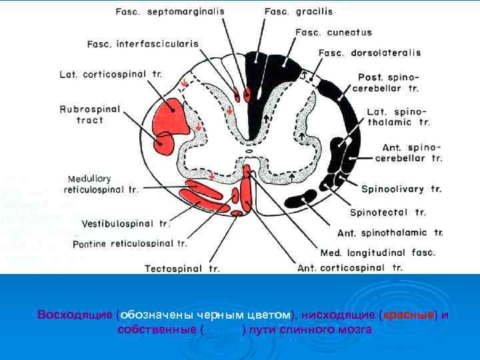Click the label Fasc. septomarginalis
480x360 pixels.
point(170,12)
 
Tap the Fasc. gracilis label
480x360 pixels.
point(298,12)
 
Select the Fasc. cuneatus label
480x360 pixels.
point(333,32)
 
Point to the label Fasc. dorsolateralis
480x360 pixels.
point(369,53)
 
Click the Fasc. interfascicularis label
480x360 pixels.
point(143,44)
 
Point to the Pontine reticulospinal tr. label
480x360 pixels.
point(129,244)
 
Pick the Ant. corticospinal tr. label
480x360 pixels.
point(350,268)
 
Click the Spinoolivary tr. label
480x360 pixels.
point(401,189)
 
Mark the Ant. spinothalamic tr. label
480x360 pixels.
point(390,233)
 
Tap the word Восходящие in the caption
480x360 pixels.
point(75,314)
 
